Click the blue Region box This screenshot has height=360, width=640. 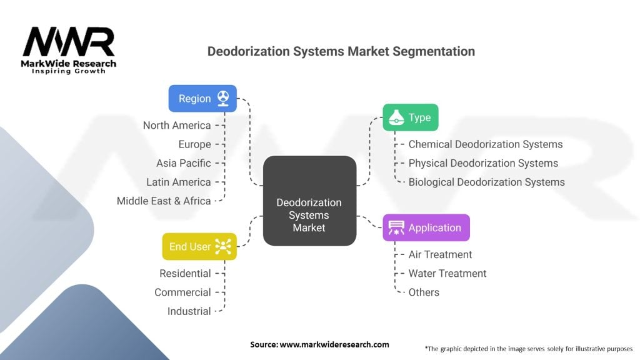click(x=202, y=98)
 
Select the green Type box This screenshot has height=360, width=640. click(x=410, y=117)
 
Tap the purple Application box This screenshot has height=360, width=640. click(x=426, y=227)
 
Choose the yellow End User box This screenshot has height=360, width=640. click(x=199, y=246)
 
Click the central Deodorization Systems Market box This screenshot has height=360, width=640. click(x=309, y=201)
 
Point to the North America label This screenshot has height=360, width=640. click(x=177, y=125)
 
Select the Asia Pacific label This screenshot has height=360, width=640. click(x=183, y=163)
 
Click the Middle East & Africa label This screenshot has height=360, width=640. click(x=164, y=201)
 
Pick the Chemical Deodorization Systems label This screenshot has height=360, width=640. click(x=485, y=144)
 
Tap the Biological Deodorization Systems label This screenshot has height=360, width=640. click(x=486, y=182)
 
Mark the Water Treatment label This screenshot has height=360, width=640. click(x=447, y=274)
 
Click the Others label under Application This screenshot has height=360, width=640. click(x=424, y=292)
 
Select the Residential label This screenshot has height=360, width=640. click(x=185, y=274)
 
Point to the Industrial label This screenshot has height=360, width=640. click(x=189, y=311)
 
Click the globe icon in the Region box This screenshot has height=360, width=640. click(x=223, y=98)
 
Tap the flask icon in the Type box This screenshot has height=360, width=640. click(x=396, y=117)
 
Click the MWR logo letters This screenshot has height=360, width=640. click(x=69, y=41)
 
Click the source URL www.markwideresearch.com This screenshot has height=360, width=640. click(x=334, y=344)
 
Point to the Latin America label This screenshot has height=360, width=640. click(x=178, y=182)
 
